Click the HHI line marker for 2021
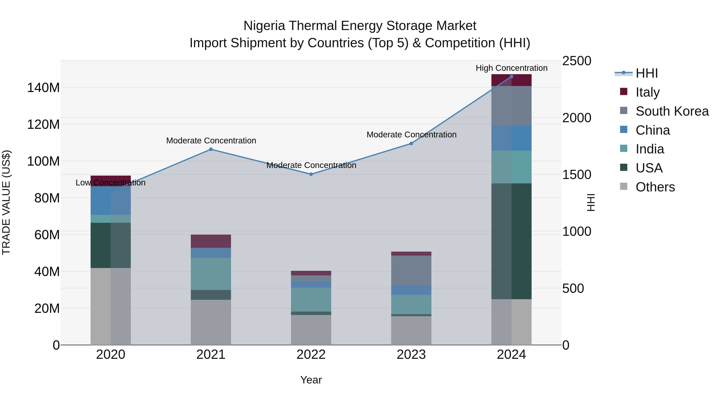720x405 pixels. click(x=211, y=149)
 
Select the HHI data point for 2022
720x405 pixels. click(x=311, y=174)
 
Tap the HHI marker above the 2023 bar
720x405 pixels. click(x=411, y=143)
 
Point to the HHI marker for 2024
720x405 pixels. click(x=511, y=77)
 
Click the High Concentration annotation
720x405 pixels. click(x=511, y=68)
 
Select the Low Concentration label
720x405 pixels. click(x=110, y=183)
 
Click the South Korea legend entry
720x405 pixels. click(x=672, y=111)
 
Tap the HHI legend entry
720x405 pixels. click(x=646, y=73)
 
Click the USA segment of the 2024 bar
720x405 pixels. click(x=511, y=241)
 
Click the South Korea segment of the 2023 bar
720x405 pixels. click(x=411, y=270)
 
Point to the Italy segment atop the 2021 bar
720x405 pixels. click(x=211, y=241)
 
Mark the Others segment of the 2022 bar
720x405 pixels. click(x=311, y=330)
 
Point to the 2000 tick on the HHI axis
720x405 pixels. click(x=576, y=118)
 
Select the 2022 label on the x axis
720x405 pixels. click(x=311, y=355)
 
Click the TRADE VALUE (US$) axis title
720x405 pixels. click(x=6, y=202)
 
